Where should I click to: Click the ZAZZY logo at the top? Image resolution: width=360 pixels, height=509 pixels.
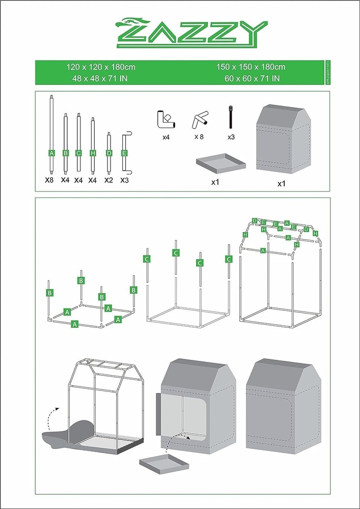coord(190,34)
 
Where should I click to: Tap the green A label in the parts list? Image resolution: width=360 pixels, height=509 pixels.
coord(51,153)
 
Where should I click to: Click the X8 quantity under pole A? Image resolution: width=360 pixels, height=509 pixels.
coord(49,180)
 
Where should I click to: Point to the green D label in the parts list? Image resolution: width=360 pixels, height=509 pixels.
coord(109,153)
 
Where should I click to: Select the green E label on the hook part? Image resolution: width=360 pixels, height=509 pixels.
coord(124,153)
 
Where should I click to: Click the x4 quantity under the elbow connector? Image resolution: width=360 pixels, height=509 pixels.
coord(165,137)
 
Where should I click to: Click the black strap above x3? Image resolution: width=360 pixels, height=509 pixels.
coord(231,118)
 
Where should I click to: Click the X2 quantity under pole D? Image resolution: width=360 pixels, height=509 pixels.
coord(108,180)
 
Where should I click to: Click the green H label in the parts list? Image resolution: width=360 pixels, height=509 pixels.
coord(93,153)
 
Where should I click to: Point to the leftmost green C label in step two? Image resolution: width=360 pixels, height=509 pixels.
coord(147,259)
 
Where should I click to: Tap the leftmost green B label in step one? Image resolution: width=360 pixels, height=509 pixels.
coord(50,293)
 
